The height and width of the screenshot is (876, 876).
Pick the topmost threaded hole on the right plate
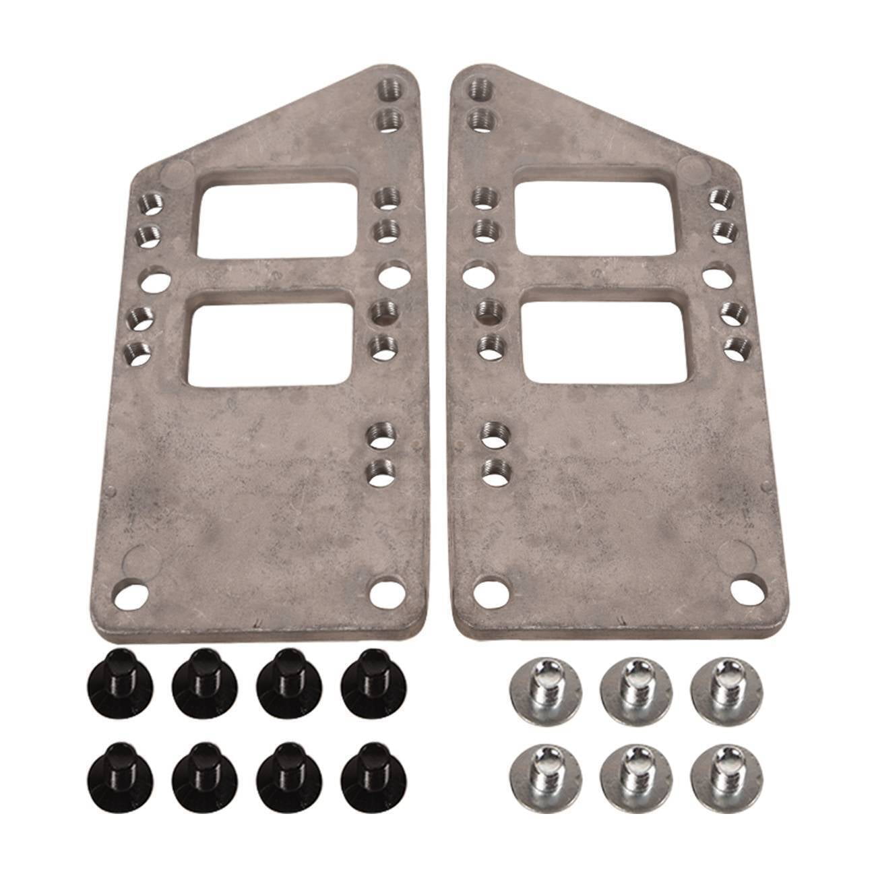480,87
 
